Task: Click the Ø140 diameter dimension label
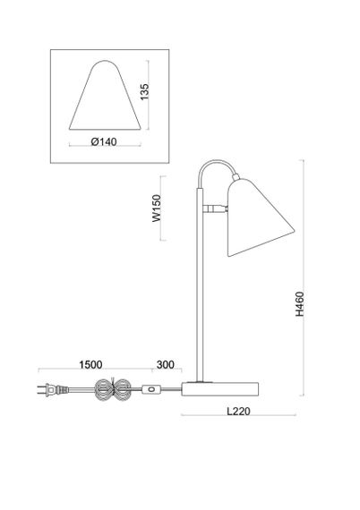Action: [104, 141]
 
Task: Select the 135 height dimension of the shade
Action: [144, 92]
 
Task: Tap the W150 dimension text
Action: [157, 208]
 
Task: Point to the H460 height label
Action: [299, 304]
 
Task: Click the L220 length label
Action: [238, 411]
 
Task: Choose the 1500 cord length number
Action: [90, 365]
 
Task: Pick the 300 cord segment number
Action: [166, 365]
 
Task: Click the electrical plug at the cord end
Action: [53, 389]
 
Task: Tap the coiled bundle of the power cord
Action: [113, 389]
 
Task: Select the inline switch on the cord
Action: [151, 389]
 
